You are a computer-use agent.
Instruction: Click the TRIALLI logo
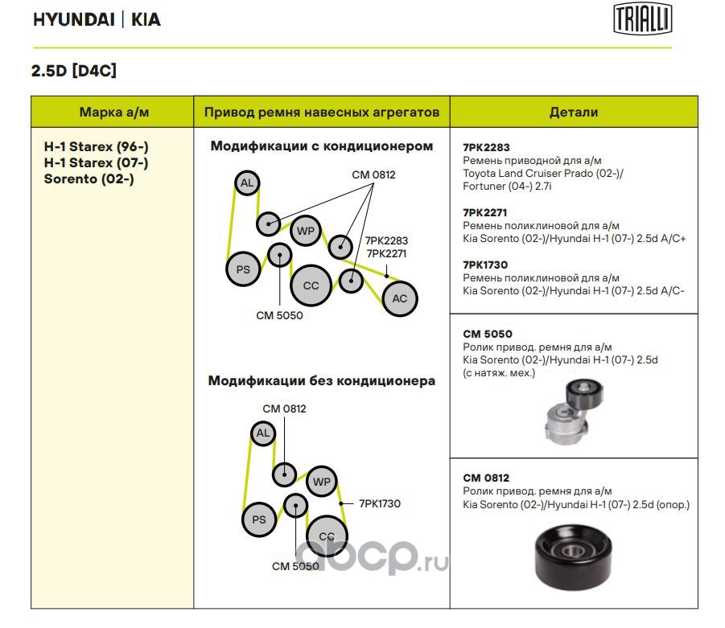pos(643,19)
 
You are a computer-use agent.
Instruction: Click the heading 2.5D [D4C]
pos(74,71)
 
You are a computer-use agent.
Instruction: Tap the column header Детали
pos(573,112)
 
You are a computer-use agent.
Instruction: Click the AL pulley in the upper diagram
pos(247,184)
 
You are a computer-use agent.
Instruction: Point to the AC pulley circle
pos(400,298)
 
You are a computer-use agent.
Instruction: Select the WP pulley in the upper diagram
pos(306,232)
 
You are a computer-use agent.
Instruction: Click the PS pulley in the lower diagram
pos(259,519)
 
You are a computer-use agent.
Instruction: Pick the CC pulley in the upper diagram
pos(311,285)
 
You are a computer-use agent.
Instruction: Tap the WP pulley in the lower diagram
pos(321,482)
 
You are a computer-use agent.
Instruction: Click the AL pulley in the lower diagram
pos(262,434)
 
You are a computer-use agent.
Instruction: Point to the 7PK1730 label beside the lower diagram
pos(379,503)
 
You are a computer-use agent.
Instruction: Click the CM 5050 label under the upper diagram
pos(279,315)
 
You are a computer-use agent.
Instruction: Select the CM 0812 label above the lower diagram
pos(284,408)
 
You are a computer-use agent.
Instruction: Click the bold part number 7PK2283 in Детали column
pos(486,148)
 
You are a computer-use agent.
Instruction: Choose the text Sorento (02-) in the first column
pos(89,179)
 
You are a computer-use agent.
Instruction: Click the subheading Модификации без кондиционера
pos(321,381)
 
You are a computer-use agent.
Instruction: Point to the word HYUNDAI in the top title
pos(73,20)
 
